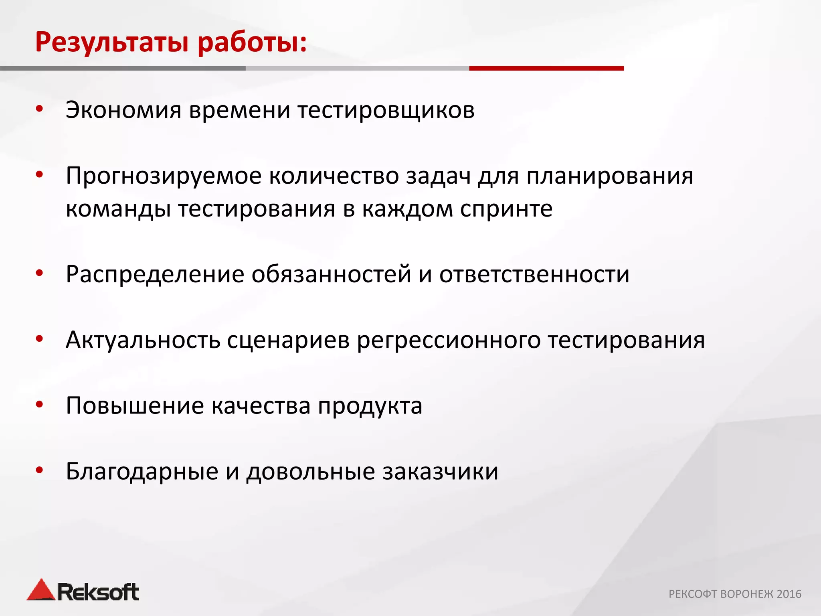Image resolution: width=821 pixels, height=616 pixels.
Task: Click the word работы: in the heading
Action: tap(252, 42)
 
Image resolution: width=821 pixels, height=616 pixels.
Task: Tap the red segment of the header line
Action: tap(546, 69)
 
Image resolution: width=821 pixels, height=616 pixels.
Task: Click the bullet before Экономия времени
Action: tap(39, 109)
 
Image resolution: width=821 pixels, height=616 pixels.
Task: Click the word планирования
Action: tap(610, 176)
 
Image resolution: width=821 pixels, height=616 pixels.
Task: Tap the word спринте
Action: tap(506, 209)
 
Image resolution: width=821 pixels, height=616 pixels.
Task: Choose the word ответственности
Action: tap(534, 275)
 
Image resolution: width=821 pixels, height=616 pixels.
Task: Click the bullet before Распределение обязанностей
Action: tap(39, 274)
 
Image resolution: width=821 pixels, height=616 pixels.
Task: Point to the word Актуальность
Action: tap(143, 340)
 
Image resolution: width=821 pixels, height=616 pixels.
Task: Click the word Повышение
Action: tap(135, 406)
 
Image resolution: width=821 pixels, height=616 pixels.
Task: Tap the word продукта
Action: tap(370, 407)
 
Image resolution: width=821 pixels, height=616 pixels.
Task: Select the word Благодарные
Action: tap(142, 472)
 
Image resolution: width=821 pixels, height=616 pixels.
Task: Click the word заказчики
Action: tap(440, 472)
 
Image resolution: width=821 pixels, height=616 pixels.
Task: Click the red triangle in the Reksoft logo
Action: tap(41, 590)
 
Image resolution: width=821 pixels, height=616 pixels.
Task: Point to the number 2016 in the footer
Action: tap(789, 594)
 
